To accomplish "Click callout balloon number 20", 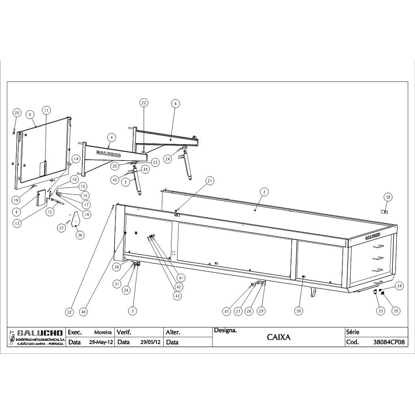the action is pos(17,113).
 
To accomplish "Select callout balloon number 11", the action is pos(46,110).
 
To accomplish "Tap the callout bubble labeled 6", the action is pos(175,103).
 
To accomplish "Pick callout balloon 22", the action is pos(144,103).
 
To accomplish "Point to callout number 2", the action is pos(264,192).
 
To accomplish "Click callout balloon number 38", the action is pos(388,197).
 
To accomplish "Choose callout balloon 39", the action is pos(299,311).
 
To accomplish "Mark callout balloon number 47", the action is pos(227,312).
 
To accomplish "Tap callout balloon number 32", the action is pos(69,312).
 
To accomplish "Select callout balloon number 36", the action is pos(80,235).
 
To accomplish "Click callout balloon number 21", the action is pos(210,181).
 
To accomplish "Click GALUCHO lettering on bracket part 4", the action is pos(109,154).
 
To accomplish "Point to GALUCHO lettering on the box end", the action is pos(373,236).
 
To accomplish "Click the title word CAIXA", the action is pos(279,337).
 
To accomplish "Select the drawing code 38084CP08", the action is pos(389,342).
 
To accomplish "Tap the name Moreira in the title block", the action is pos(103,332).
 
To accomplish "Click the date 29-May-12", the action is pos(101,342).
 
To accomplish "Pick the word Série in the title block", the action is pos(353,332).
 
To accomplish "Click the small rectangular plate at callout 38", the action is pos(384,212).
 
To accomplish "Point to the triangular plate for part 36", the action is pos(75,219).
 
